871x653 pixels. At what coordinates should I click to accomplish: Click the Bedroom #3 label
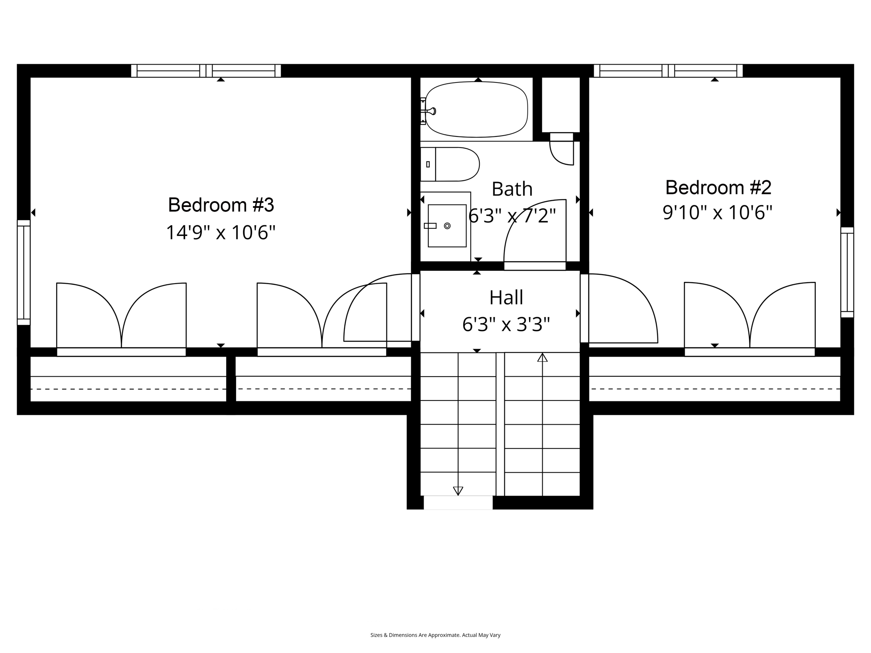(x=221, y=205)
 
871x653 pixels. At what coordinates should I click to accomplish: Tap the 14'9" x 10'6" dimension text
(x=221, y=233)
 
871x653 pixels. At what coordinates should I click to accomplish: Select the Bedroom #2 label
(x=718, y=187)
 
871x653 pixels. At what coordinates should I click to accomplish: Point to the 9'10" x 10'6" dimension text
(x=717, y=212)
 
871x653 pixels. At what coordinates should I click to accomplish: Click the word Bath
(x=512, y=189)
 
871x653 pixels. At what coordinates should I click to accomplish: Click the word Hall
(x=506, y=298)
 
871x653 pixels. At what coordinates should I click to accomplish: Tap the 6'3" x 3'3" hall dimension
(x=506, y=325)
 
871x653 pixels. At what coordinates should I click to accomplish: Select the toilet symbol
(x=451, y=164)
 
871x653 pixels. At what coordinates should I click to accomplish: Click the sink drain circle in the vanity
(x=447, y=226)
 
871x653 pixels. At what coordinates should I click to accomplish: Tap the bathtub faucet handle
(x=432, y=111)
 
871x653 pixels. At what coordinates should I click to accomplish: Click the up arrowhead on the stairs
(x=542, y=358)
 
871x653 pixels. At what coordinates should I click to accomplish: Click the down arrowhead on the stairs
(x=458, y=491)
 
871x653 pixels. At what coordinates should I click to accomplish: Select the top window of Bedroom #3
(x=206, y=71)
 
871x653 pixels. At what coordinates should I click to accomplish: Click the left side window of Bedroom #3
(x=24, y=272)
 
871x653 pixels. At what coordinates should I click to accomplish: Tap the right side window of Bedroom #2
(x=847, y=272)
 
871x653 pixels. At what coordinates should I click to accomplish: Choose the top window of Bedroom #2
(x=668, y=71)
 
